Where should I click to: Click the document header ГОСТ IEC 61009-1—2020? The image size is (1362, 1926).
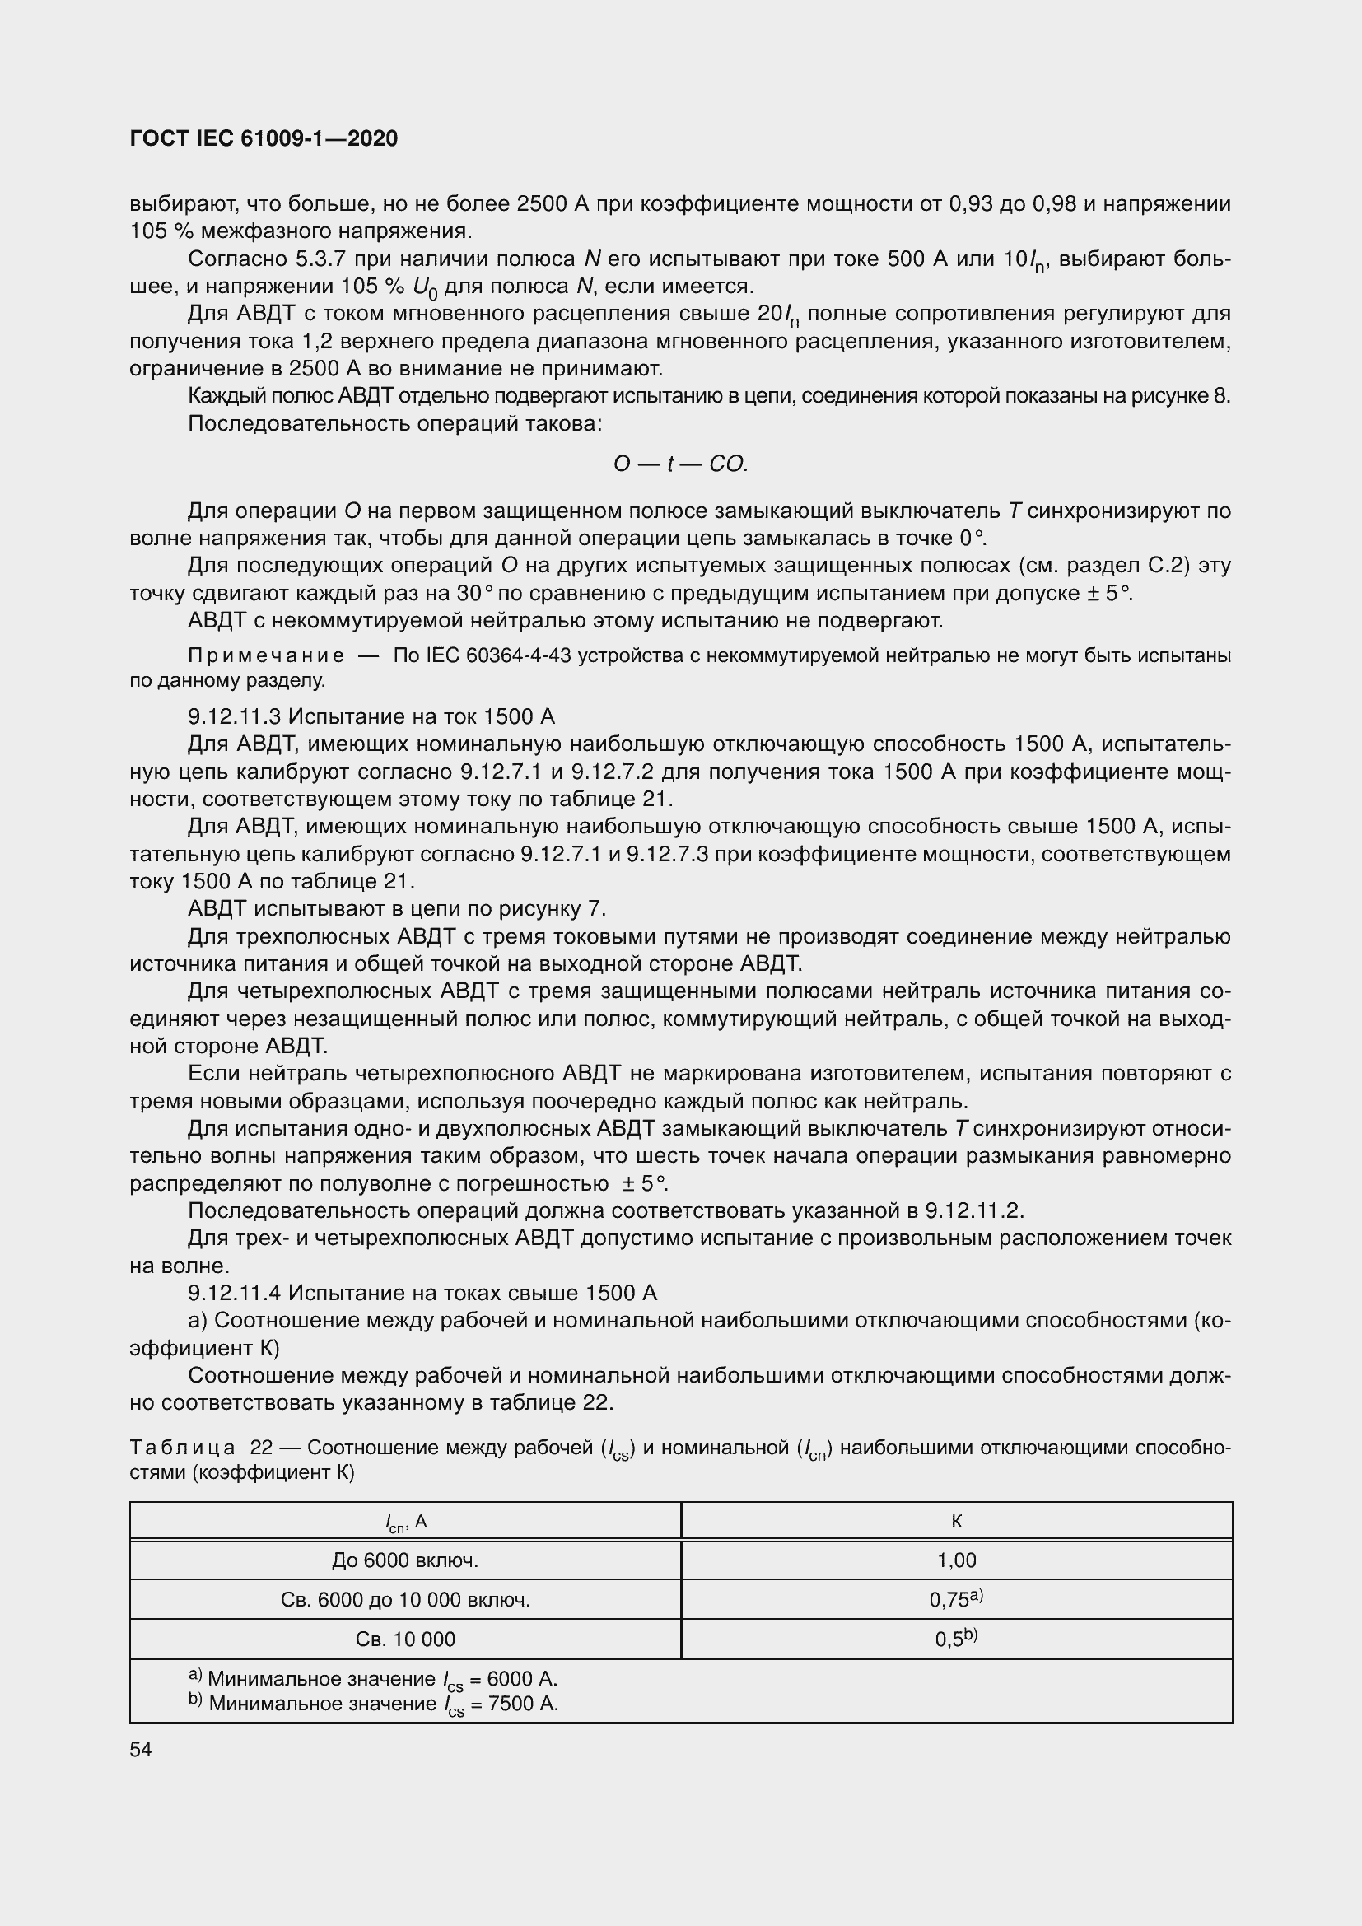tap(264, 138)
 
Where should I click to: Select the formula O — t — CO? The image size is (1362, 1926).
tap(680, 464)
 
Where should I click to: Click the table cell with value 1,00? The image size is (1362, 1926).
tap(956, 1560)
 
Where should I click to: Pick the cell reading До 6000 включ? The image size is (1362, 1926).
tap(405, 1560)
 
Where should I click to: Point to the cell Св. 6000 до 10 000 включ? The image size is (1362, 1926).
tap(405, 1600)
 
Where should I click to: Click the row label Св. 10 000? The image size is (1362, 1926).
tap(405, 1639)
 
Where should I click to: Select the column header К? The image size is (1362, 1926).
tap(956, 1521)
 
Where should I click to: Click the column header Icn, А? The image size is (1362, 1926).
tap(405, 1522)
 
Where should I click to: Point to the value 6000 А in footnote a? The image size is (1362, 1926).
tap(521, 1679)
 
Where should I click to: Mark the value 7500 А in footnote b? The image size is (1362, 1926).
tap(523, 1704)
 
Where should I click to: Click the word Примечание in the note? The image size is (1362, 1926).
tap(266, 655)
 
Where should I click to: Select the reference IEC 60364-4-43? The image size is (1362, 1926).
tap(499, 655)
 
